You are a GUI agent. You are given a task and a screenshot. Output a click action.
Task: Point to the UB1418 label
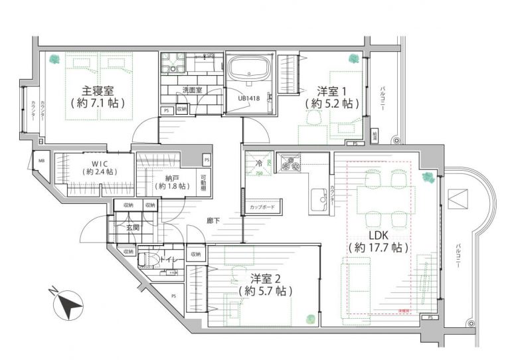pyautogui.click(x=248, y=99)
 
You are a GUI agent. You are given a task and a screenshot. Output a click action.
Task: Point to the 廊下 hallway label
pyautogui.click(x=212, y=220)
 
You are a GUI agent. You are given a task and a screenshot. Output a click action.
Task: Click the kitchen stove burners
pyautogui.click(x=291, y=161)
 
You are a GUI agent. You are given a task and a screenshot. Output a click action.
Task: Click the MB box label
pyautogui.click(x=42, y=161)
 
